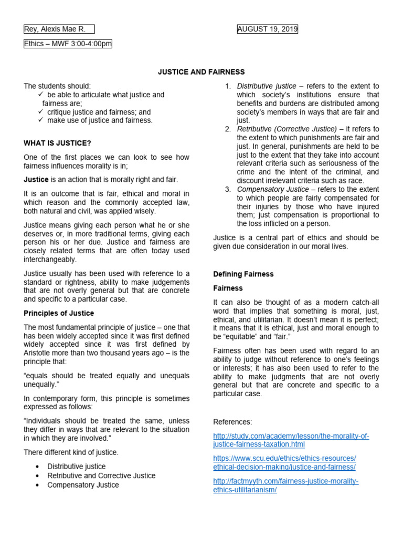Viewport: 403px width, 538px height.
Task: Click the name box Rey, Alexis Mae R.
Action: (59, 29)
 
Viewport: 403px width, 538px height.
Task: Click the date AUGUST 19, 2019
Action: (268, 29)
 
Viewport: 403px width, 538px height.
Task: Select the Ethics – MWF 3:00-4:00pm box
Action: (68, 44)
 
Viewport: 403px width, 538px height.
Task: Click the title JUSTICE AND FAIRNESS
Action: (201, 72)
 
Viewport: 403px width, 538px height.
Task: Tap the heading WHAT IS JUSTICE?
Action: (58, 143)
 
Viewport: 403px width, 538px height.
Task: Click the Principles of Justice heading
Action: (59, 313)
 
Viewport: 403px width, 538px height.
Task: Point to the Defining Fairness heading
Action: (243, 274)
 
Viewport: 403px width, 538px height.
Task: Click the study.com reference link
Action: (291, 440)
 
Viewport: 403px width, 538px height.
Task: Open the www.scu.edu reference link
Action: (284, 462)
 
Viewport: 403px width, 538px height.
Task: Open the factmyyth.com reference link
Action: (286, 485)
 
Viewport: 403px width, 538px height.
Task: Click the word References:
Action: (232, 422)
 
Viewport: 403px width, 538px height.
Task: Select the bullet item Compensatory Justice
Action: (83, 485)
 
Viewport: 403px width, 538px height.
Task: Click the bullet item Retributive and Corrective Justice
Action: (101, 475)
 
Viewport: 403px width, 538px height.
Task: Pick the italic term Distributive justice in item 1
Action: (267, 86)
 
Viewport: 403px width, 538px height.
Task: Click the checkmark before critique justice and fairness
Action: (41, 112)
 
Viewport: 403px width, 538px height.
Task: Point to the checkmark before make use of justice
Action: (41, 120)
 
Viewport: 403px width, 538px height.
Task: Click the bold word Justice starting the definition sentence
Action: (36, 180)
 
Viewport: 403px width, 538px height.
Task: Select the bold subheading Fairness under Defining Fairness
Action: (228, 288)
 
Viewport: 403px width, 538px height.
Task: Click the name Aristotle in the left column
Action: (39, 353)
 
